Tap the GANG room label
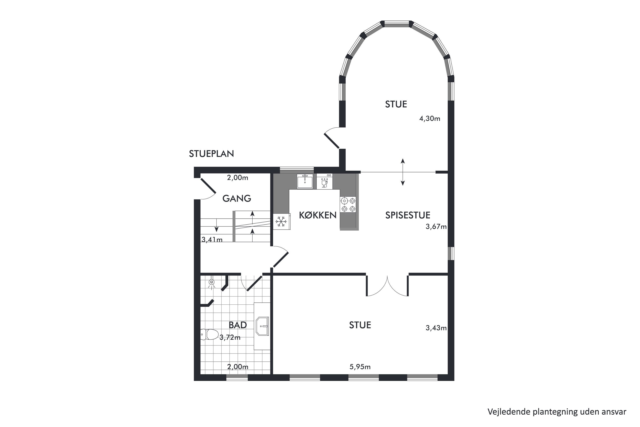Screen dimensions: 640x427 pyautogui.click(x=237, y=199)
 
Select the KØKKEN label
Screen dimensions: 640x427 pyautogui.click(x=318, y=215)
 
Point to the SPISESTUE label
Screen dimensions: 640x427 pyautogui.click(x=408, y=215)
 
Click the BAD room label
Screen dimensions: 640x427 pyautogui.click(x=238, y=325)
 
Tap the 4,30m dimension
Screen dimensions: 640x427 pyautogui.click(x=430, y=118)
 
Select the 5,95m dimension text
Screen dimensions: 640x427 pyautogui.click(x=360, y=367)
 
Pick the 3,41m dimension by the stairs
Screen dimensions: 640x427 pyautogui.click(x=212, y=240)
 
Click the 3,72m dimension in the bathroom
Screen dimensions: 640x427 pyautogui.click(x=230, y=337)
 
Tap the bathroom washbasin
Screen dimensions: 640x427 pyautogui.click(x=262, y=326)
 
